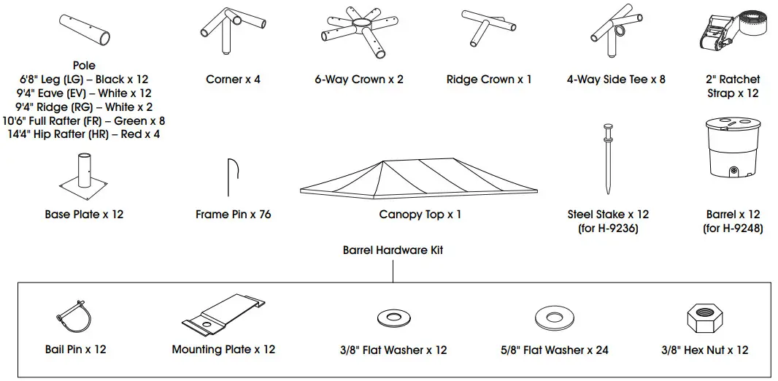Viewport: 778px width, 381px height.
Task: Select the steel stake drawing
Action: (607, 165)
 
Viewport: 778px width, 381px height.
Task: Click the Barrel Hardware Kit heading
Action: (393, 250)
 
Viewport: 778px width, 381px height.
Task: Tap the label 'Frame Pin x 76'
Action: (233, 215)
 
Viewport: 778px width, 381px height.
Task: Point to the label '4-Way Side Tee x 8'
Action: (616, 80)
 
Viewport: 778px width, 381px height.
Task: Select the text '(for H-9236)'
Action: (608, 228)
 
